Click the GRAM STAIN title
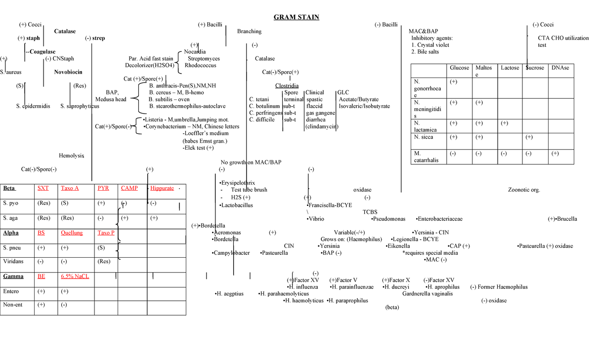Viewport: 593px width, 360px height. coord(296,18)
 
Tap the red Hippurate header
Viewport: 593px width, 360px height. coord(162,189)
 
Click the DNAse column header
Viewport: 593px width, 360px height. coord(560,68)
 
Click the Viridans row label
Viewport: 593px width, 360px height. coord(13,261)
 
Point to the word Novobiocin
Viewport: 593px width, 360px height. coord(68,72)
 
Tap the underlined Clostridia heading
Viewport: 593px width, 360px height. coord(287,85)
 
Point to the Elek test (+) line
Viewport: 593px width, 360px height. coord(198,147)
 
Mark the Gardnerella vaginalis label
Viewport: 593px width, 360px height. coord(427,293)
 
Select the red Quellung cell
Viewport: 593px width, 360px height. coord(72,233)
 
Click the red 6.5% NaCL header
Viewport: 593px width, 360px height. coord(75,277)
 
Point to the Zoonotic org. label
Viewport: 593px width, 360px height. coord(524,190)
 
